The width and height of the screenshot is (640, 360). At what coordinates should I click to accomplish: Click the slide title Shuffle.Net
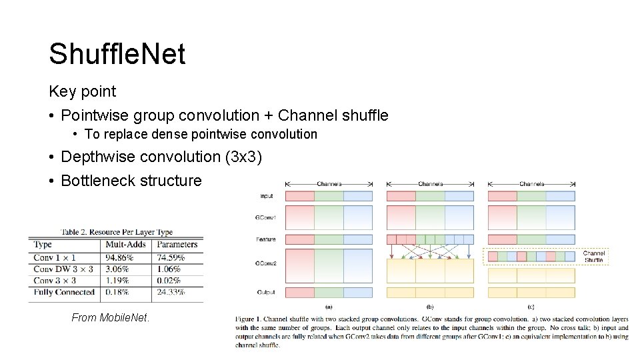click(117, 54)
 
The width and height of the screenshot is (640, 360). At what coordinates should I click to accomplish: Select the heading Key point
click(82, 91)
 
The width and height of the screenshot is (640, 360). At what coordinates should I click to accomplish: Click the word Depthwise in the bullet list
click(98, 157)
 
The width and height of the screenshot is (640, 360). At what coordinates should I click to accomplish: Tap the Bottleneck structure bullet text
click(131, 181)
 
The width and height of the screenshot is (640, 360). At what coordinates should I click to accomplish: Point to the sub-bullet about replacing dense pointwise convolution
click(201, 134)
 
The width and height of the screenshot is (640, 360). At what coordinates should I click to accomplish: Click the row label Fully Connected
click(64, 291)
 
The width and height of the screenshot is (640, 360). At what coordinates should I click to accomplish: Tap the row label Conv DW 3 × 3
click(63, 269)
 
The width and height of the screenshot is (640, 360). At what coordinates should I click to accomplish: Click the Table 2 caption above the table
click(117, 232)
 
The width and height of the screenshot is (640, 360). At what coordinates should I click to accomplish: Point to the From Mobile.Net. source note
click(111, 317)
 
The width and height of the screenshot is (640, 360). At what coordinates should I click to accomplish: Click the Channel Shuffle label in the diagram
click(593, 257)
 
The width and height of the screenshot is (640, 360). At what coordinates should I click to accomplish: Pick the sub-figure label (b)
click(429, 307)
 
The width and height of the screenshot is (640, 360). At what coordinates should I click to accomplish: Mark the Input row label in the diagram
click(267, 196)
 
